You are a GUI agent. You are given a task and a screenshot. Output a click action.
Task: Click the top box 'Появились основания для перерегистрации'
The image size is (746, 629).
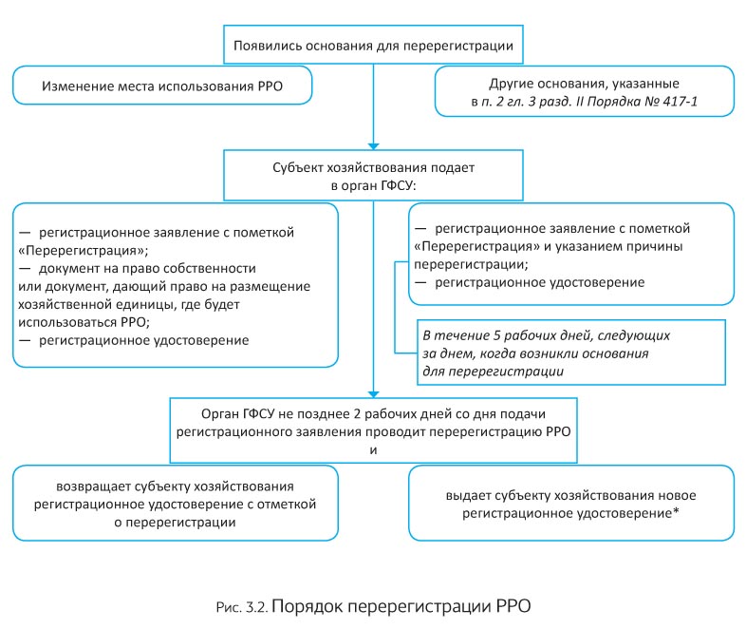point(374,45)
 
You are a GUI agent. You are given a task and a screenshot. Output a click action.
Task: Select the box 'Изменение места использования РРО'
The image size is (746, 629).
point(162,86)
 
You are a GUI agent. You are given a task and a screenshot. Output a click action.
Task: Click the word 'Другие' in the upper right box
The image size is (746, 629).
point(511,84)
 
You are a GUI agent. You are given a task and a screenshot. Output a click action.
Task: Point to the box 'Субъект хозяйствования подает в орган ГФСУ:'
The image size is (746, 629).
point(374,175)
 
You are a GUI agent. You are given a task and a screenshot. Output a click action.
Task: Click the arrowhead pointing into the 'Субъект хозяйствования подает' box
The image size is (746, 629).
point(374,146)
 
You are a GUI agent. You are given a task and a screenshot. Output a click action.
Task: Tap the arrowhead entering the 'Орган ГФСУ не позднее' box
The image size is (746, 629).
point(374,394)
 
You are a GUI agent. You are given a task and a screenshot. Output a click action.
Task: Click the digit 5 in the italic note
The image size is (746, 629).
point(496,335)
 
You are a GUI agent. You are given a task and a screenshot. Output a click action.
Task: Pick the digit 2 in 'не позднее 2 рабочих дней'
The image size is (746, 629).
point(357,413)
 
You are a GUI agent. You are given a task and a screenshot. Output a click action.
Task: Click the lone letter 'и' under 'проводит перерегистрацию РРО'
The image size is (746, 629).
point(374,450)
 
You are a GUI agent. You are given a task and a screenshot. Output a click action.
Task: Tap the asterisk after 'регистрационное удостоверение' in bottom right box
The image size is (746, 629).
point(676,511)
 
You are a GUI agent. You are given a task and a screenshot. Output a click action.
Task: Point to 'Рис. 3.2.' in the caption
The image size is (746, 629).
point(242,607)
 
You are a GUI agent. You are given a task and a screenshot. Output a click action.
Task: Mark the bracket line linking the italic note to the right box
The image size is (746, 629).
point(395,307)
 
